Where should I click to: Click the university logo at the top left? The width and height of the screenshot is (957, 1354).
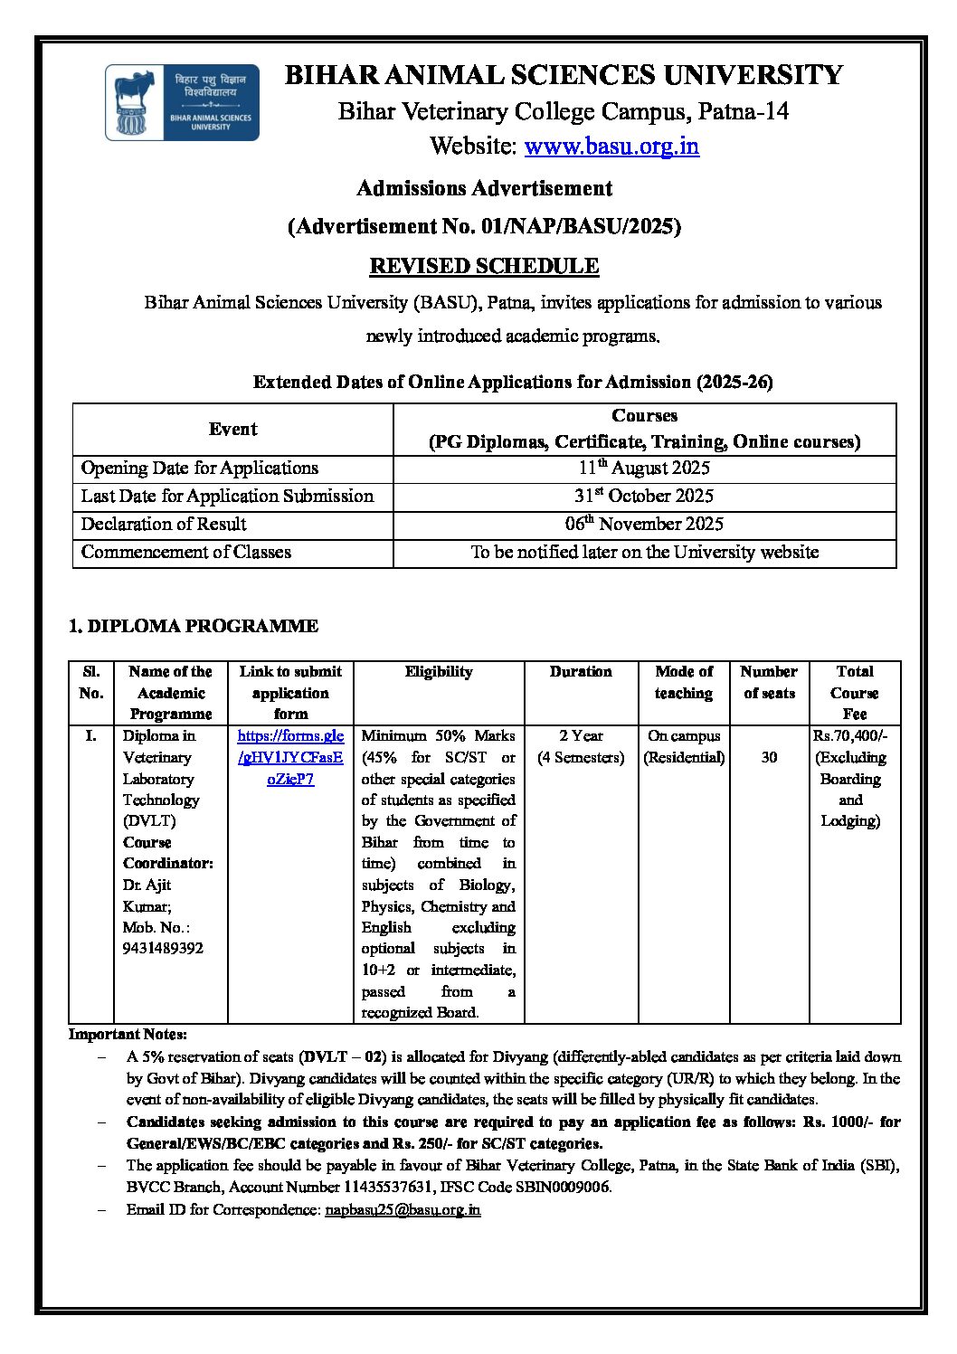(x=182, y=102)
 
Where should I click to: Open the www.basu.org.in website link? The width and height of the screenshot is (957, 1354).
(x=611, y=146)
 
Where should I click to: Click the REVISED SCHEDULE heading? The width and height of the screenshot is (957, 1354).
(x=484, y=266)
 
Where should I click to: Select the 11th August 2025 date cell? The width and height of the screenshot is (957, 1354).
(x=644, y=468)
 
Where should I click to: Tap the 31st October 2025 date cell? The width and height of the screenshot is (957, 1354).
(x=644, y=496)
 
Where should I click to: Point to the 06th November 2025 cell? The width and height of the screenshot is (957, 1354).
(x=644, y=524)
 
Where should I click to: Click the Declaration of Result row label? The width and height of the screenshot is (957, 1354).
(x=164, y=524)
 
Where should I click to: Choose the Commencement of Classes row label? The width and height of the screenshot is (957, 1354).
(x=186, y=552)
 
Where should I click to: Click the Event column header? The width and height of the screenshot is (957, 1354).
(x=232, y=429)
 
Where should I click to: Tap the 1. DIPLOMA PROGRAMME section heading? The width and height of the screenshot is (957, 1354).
(x=194, y=626)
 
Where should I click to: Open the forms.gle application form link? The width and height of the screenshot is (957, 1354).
(x=290, y=757)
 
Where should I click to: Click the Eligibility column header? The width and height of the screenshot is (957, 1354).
(x=439, y=671)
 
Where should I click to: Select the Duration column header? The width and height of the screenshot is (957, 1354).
(x=581, y=671)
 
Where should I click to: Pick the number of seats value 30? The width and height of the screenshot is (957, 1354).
(x=769, y=757)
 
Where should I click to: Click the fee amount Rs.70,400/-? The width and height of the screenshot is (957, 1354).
(x=850, y=735)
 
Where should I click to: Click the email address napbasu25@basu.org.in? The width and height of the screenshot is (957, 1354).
(x=403, y=1209)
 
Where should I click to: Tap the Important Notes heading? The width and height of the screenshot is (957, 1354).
(x=128, y=1034)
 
